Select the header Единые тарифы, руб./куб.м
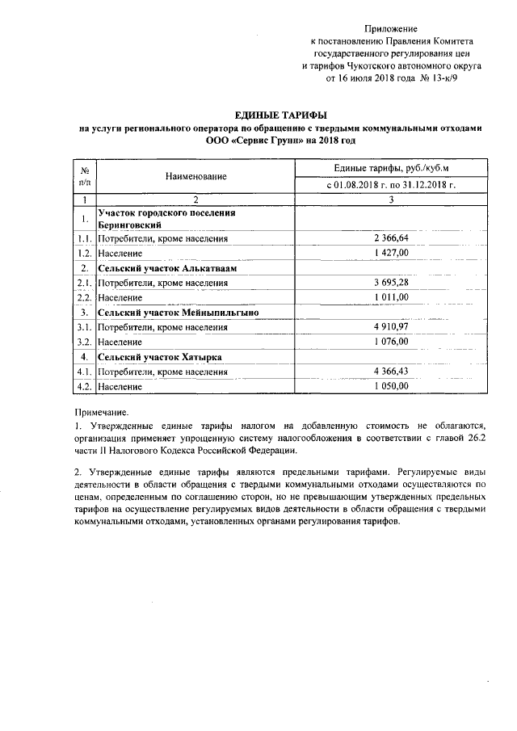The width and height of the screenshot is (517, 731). [x=391, y=167]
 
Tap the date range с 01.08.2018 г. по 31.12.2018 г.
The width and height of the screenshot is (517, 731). [x=391, y=185]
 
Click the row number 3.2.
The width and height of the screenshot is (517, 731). [x=84, y=342]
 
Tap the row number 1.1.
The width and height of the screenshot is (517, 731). [x=84, y=238]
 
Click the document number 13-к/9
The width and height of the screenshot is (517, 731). [x=442, y=79]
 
